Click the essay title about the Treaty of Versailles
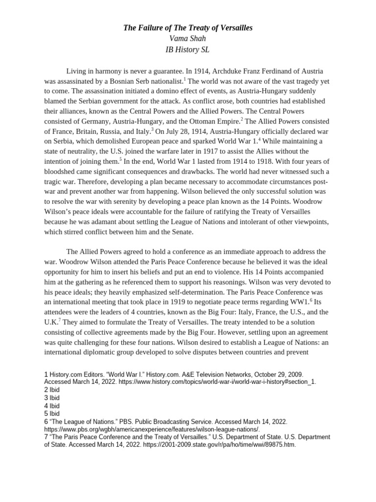coord(188,28)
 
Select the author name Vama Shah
coord(188,39)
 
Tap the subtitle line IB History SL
coord(188,50)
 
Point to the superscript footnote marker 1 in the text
coord(185,79)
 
